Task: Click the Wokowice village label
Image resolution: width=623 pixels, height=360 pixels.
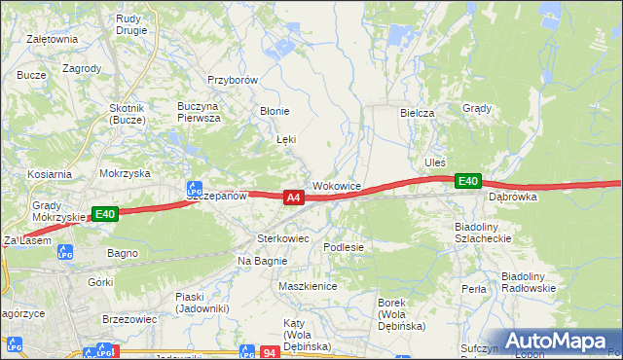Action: (x=337, y=185)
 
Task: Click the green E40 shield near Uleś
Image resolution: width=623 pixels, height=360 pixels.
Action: (x=468, y=181)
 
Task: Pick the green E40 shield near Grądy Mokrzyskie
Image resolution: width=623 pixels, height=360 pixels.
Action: (x=105, y=214)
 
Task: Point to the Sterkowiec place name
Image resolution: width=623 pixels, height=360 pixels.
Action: (x=282, y=237)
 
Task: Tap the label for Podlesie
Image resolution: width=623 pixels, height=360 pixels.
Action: (x=344, y=247)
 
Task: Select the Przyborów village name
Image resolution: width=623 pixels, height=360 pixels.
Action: (x=232, y=81)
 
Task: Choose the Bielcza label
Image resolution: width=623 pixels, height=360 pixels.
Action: (x=417, y=113)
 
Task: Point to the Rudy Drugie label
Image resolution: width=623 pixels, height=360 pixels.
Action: (x=130, y=23)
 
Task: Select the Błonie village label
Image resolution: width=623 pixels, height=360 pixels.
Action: (x=274, y=111)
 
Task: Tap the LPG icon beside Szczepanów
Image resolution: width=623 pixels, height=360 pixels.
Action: (x=195, y=187)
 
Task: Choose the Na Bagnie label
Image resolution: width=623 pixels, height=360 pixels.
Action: (x=259, y=261)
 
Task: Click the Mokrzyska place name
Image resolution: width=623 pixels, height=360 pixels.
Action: (x=125, y=172)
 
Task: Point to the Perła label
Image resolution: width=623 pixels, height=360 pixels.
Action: (x=474, y=289)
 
